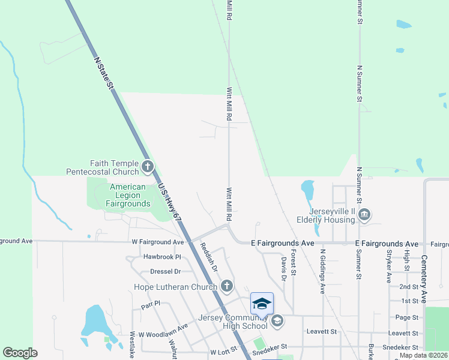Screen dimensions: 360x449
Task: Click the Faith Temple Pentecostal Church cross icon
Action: tap(148, 165)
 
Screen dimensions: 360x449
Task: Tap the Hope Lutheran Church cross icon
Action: tap(226, 286)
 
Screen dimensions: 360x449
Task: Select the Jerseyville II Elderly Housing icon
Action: tap(364, 214)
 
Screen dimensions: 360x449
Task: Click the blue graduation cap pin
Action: tap(262, 304)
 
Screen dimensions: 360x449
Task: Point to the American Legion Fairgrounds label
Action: tap(128, 195)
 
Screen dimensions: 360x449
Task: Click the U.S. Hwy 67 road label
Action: tap(169, 204)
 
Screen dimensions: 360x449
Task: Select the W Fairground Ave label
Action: tap(157, 242)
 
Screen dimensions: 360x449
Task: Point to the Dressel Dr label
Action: tap(165, 271)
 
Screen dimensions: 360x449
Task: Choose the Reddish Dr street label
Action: tap(208, 256)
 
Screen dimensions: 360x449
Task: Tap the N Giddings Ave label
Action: tap(322, 271)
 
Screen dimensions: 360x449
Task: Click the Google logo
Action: tap(20, 353)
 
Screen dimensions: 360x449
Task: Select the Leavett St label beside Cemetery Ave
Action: tap(404, 332)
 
